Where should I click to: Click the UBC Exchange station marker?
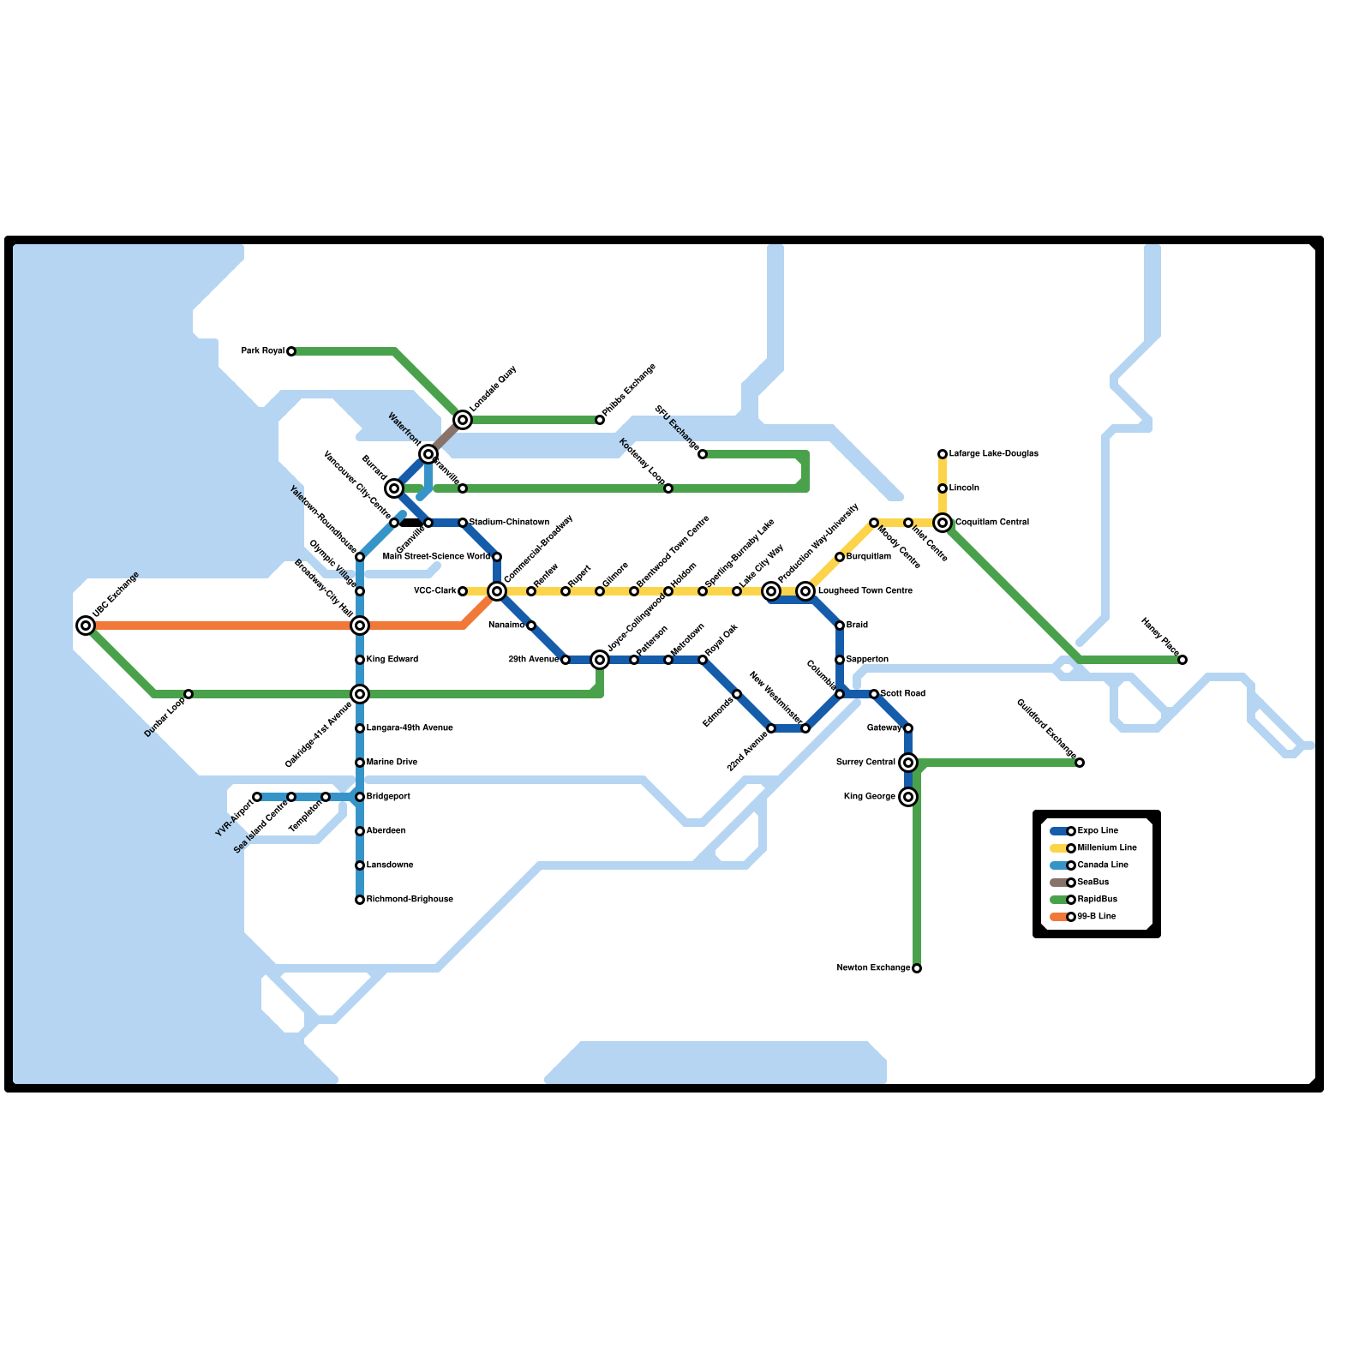click(x=86, y=626)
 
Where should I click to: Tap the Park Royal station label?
click(x=262, y=351)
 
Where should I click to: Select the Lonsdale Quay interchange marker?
click(x=463, y=420)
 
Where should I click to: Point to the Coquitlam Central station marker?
click(x=943, y=523)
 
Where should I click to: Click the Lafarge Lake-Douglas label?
click(x=994, y=454)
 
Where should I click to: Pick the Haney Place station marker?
click(x=1182, y=660)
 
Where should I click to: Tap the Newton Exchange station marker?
click(x=917, y=968)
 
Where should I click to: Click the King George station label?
click(x=869, y=797)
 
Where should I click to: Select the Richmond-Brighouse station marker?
click(x=360, y=900)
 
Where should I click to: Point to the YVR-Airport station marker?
click(x=257, y=797)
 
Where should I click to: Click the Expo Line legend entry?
click(x=1098, y=831)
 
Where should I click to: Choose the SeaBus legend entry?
click(x=1093, y=883)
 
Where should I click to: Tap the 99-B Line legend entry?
click(x=1096, y=917)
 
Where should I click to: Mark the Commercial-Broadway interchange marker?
click(x=497, y=591)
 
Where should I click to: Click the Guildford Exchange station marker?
click(x=1080, y=763)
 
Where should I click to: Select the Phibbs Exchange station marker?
click(x=600, y=420)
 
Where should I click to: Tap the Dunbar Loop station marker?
click(x=189, y=694)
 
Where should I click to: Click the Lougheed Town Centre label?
click(x=865, y=591)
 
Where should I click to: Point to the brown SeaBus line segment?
click(x=446, y=437)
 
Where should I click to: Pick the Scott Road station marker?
click(x=874, y=694)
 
